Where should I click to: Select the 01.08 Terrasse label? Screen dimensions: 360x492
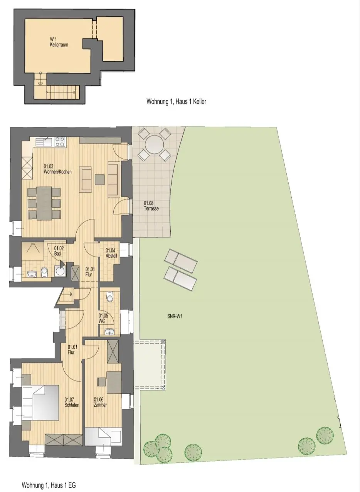(151, 206)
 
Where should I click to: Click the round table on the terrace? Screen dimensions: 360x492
(154, 144)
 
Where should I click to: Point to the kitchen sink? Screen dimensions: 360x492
(44, 141)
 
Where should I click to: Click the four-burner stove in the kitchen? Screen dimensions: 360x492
(60, 141)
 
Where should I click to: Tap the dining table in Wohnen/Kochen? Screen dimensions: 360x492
(44, 203)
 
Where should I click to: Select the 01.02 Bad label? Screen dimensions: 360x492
(59, 251)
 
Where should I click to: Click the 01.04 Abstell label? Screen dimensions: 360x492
(111, 253)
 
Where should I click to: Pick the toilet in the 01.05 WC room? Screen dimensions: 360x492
(109, 297)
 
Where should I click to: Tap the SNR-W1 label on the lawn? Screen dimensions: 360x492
(175, 316)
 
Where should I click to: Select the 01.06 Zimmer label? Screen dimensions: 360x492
(101, 402)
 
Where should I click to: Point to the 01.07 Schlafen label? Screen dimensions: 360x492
(72, 402)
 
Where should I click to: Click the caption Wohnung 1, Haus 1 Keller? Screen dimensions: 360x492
(176, 101)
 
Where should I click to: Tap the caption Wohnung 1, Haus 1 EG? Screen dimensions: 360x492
(49, 484)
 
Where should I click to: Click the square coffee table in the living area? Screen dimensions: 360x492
(100, 179)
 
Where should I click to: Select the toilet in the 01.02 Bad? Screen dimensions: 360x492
(44, 272)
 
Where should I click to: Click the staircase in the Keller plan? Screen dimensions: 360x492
(62, 92)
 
